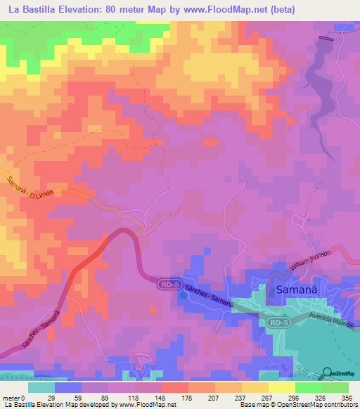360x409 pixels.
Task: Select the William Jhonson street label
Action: coord(319,259)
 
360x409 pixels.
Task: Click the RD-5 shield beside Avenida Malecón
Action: coord(278,322)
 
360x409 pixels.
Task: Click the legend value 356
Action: coord(347,398)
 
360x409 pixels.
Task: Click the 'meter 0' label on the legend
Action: coord(14,398)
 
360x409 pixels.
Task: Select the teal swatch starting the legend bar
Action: coord(41,387)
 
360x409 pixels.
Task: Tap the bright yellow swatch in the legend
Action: coord(281,387)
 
